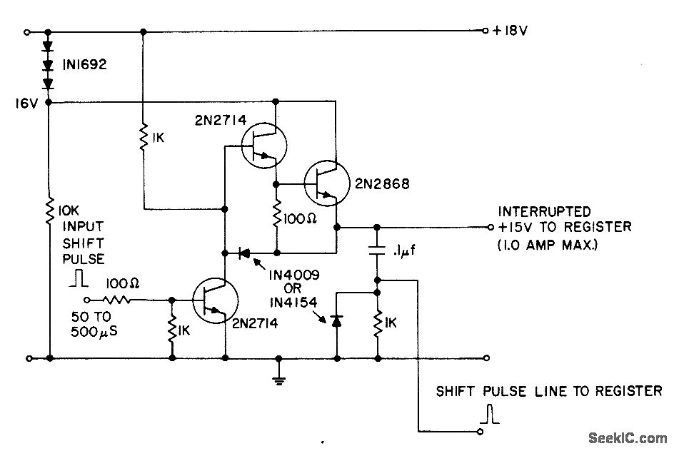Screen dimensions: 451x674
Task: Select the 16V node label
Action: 26,104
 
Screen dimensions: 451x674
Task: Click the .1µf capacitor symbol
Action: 376,249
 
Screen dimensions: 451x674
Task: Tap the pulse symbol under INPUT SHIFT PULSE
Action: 76,279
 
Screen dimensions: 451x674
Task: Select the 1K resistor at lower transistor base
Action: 171,330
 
